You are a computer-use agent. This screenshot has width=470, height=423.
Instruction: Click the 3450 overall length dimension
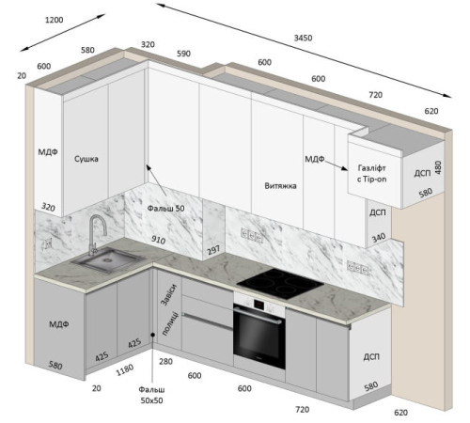coord(303,38)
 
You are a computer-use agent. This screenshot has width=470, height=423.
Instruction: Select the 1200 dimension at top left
coord(55,20)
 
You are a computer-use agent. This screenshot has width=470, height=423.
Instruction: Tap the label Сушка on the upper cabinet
coord(86,159)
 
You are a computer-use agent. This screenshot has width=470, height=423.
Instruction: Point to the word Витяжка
coord(280,186)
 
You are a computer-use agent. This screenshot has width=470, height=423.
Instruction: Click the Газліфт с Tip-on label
coord(371,174)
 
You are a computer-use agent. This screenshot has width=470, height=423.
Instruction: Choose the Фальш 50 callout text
coord(165,209)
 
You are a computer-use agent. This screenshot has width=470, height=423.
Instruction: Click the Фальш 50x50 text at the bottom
coord(151,395)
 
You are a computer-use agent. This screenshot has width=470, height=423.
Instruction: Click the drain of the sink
coord(108,259)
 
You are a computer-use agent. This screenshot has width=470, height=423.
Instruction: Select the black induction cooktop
coord(280,283)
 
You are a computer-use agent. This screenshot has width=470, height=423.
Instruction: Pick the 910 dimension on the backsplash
coord(158,240)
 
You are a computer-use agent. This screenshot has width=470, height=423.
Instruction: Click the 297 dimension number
coord(213,250)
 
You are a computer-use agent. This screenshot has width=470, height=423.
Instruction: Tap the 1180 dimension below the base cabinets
coord(125,369)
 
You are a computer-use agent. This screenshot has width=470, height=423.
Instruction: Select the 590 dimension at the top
coord(183,54)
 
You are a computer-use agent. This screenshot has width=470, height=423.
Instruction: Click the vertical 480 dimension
coord(438,167)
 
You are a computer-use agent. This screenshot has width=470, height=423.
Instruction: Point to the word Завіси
coord(169,295)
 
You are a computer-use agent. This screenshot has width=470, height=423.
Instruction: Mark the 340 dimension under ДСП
coord(379,238)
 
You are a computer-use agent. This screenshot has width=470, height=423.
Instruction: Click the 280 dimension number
coord(165,362)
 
